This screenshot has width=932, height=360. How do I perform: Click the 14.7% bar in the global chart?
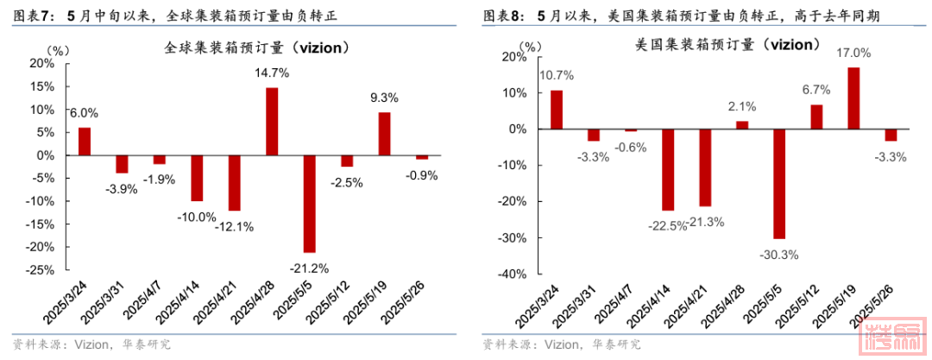coord(272,122)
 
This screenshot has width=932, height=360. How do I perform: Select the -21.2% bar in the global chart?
coord(309,204)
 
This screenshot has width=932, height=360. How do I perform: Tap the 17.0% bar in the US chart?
coord(853,98)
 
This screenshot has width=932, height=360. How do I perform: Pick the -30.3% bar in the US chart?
coord(779,183)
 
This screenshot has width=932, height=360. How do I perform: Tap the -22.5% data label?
coord(668,226)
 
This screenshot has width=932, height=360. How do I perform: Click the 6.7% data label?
coord(815,89)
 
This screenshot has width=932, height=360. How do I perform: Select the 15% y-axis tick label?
coord(42,86)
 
